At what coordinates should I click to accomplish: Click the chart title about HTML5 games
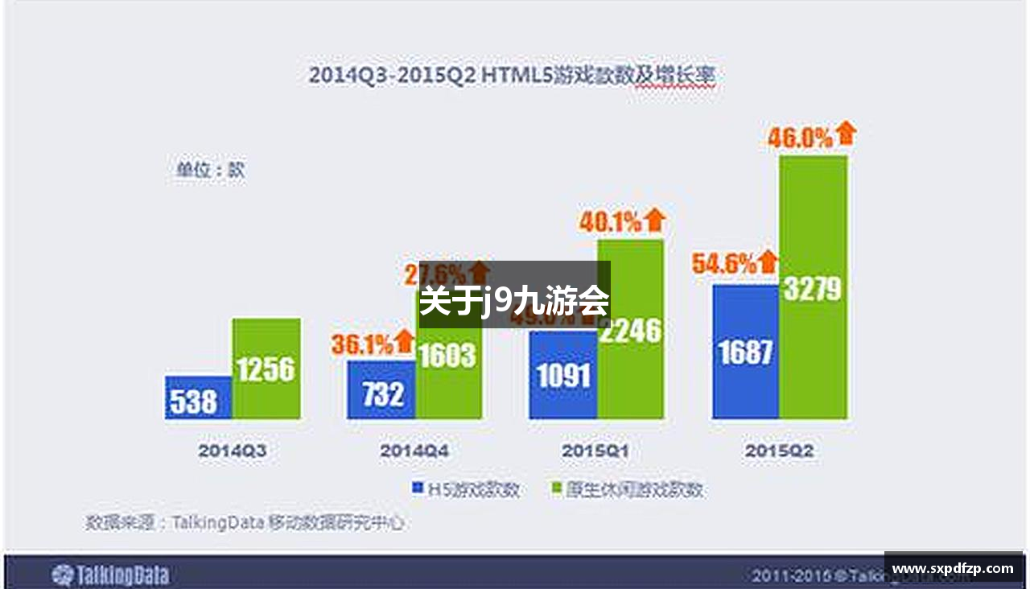(512, 75)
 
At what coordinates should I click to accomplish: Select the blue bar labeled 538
(198, 398)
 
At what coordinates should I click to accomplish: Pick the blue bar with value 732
(381, 391)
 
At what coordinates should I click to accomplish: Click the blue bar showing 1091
(562, 376)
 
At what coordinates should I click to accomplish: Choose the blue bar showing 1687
(745, 352)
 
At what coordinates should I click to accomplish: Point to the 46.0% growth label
(799, 138)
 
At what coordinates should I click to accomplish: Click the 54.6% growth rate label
(724, 263)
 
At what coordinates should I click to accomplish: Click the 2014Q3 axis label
(233, 451)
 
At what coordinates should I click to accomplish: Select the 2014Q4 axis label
(414, 451)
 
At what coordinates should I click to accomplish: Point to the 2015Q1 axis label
(596, 451)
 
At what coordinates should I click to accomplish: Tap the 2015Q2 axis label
(779, 451)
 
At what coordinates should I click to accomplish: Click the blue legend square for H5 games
(418, 488)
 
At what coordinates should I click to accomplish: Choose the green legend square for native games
(554, 488)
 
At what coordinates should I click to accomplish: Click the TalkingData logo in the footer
(110, 575)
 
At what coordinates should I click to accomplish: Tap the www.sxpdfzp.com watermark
(953, 569)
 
